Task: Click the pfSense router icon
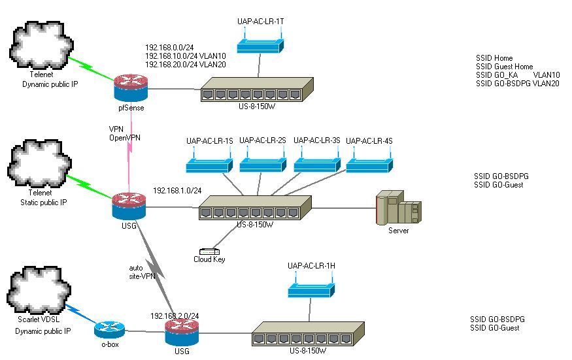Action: [x=131, y=87]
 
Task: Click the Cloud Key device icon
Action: [x=209, y=251]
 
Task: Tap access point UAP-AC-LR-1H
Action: [x=312, y=288]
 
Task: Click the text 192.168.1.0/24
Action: [x=177, y=190]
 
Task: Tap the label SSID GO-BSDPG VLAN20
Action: [x=517, y=84]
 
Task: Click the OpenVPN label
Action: [x=125, y=137]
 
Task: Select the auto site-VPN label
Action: [x=141, y=272]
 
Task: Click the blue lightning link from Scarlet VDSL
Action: [x=81, y=315]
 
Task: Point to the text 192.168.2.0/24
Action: [x=175, y=316]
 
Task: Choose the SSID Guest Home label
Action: [x=504, y=67]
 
